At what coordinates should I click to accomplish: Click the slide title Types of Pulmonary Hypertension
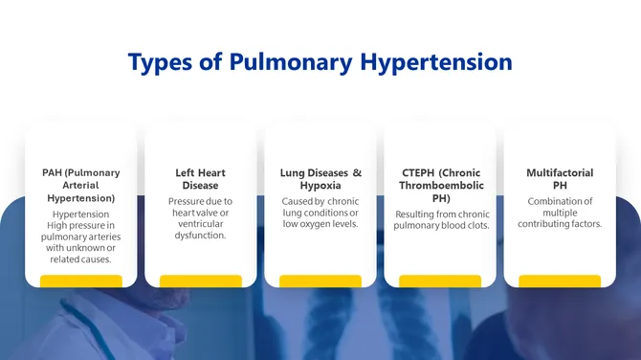tap(320, 63)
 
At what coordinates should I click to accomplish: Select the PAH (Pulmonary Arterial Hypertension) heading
tap(81, 185)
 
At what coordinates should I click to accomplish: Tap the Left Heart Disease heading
tap(200, 179)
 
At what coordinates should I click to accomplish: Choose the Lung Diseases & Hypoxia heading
tap(320, 179)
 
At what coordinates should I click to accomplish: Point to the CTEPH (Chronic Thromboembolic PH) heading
tap(440, 185)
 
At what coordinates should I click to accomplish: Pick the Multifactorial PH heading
tap(560, 179)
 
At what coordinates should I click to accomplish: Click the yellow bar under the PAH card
tap(81, 281)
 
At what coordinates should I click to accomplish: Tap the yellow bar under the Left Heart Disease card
tap(201, 281)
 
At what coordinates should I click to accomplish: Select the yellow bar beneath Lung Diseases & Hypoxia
tap(320, 281)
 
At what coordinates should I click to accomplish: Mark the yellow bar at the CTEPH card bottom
tap(440, 281)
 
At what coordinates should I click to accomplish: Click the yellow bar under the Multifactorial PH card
tap(560, 281)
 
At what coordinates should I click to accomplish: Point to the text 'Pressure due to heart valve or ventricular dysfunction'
tap(200, 218)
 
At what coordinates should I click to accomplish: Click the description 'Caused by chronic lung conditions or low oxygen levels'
tap(320, 213)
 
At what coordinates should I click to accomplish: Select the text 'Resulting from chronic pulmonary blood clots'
tap(440, 219)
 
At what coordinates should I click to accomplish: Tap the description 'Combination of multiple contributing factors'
tap(560, 213)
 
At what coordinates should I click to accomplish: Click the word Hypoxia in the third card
tap(320, 186)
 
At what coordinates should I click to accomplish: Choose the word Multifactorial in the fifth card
tap(560, 173)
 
